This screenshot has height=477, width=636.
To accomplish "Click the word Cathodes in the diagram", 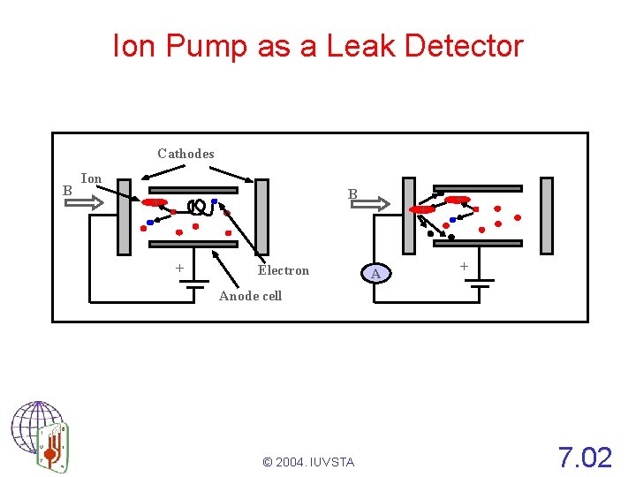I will pyautogui.click(x=185, y=154).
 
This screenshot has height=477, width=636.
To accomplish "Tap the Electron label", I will pyautogui.click(x=284, y=270).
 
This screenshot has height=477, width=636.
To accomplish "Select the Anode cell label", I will pyautogui.click(x=250, y=296).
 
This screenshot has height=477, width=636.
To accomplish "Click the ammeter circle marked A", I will pyautogui.click(x=376, y=274).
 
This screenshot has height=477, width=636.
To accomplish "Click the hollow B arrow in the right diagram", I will pyautogui.click(x=369, y=204).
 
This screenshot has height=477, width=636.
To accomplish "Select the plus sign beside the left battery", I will pyautogui.click(x=179, y=268).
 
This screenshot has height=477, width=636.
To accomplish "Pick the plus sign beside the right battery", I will pyautogui.click(x=464, y=266).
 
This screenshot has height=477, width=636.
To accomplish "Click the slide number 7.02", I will pyautogui.click(x=585, y=458).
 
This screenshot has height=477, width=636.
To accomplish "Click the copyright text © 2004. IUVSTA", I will pyautogui.click(x=308, y=462).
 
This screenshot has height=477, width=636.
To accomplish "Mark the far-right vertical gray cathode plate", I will pyautogui.click(x=547, y=216).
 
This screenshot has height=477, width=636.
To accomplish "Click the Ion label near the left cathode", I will pyautogui.click(x=91, y=178).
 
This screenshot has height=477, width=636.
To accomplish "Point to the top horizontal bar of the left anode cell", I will pyautogui.click(x=193, y=190).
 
